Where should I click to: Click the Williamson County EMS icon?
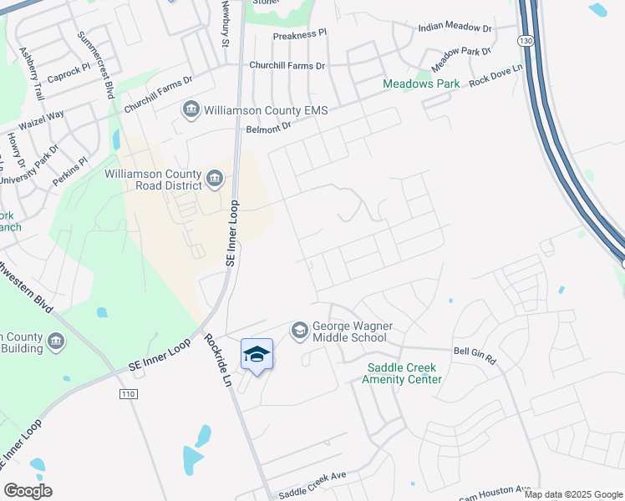coord(191,109)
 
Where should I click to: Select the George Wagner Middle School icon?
coord(299,331)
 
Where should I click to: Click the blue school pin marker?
coord(257,354)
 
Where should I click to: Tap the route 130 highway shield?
coord(525,40)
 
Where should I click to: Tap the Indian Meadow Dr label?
coord(455,28)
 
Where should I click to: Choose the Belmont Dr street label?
coord(268,127)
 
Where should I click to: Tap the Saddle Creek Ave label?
coord(312,484)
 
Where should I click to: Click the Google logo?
coord(28,491)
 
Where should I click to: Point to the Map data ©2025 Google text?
coord(573,494)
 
